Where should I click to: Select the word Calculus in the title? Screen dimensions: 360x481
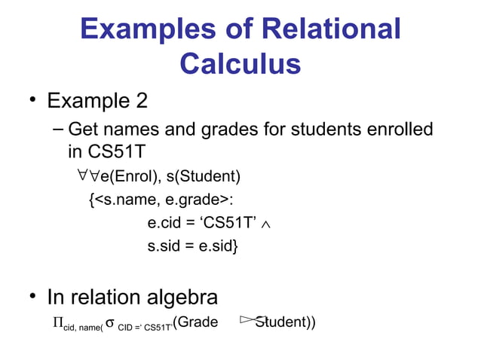240,63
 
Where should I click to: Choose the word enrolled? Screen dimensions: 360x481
399,130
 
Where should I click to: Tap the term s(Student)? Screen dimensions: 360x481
204,178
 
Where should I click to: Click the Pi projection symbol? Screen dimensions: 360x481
57,323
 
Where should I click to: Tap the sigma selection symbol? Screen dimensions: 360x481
110,323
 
